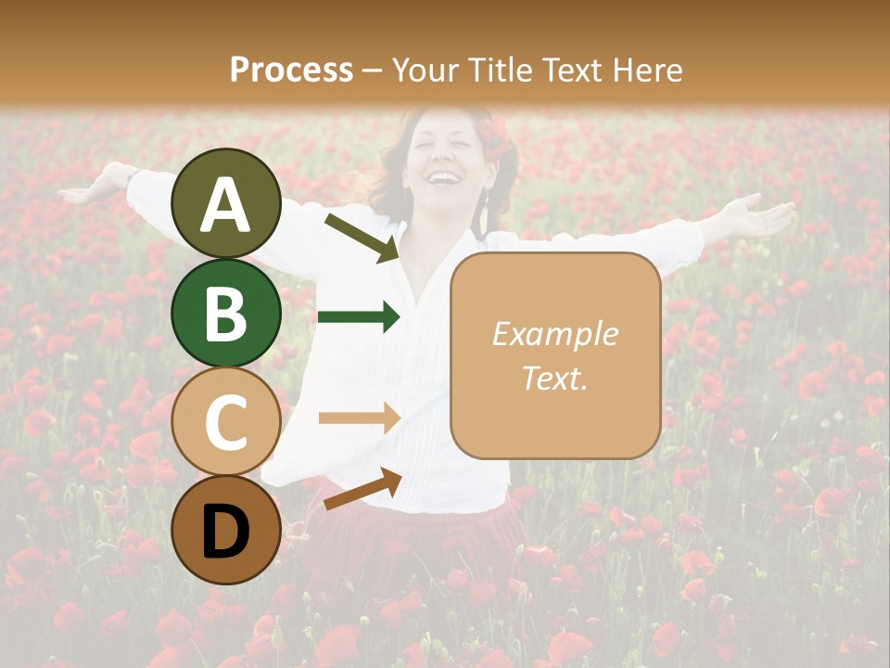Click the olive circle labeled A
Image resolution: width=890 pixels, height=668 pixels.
[225, 203]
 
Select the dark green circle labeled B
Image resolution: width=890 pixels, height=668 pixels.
[225, 312]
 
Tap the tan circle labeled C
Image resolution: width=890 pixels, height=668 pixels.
[225, 420]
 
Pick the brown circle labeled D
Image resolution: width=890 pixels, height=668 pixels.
[225, 529]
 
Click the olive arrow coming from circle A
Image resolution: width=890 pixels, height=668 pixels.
[362, 238]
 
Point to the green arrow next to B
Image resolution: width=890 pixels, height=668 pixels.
[359, 318]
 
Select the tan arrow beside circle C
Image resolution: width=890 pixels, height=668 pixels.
[359, 418]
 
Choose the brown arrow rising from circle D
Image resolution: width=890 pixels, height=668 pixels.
[362, 489]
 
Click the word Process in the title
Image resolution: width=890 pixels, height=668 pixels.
[291, 70]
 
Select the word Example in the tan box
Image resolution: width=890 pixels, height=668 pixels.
[554, 334]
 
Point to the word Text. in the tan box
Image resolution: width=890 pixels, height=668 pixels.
[554, 377]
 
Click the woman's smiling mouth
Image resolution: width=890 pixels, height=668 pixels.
[443, 176]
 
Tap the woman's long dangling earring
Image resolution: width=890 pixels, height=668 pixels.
[484, 219]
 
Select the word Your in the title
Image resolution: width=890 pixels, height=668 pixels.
[421, 70]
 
